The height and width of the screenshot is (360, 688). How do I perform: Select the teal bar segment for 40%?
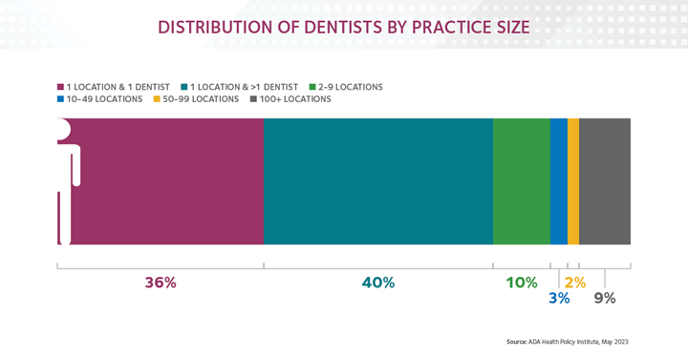click(377, 181)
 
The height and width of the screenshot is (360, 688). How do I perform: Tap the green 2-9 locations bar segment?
click(521, 181)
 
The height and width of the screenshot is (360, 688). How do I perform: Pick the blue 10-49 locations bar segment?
click(558, 181)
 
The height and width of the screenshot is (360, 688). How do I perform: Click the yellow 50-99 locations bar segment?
click(573, 181)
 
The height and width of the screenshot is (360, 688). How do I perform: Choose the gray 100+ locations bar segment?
click(605, 181)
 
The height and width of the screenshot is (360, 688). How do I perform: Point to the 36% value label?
click(161, 283)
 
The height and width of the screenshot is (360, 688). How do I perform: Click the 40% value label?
click(378, 283)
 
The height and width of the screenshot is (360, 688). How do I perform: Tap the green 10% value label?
click(522, 283)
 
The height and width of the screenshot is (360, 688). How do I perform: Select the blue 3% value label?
click(559, 298)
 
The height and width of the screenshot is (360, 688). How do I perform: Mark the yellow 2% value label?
click(574, 283)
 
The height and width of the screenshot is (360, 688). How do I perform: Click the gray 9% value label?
click(605, 298)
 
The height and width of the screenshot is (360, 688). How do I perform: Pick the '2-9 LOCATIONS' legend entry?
click(350, 87)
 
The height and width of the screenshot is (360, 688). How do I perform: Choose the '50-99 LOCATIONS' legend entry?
click(200, 99)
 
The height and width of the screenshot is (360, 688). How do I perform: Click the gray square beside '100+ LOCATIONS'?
click(253, 99)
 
